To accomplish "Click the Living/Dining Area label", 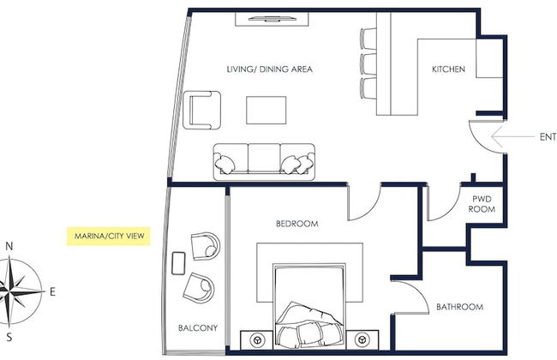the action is pyautogui.click(x=270, y=69).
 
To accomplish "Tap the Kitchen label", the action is pyautogui.click(x=448, y=69).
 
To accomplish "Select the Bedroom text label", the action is pyautogui.click(x=297, y=224).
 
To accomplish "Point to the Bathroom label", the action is pyautogui.click(x=459, y=307).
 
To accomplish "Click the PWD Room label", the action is pyautogui.click(x=482, y=204).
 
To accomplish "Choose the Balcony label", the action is pyautogui.click(x=198, y=327).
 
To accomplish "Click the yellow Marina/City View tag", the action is pyautogui.click(x=109, y=236).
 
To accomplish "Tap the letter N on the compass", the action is pyautogui.click(x=9, y=246).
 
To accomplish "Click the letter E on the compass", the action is pyautogui.click(x=52, y=291).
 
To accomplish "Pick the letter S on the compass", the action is pyautogui.click(x=9, y=337).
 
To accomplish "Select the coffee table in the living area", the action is pyautogui.click(x=266, y=111).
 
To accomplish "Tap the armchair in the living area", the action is pyautogui.click(x=201, y=111).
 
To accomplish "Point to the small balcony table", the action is pyautogui.click(x=178, y=263).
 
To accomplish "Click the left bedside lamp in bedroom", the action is pyautogui.click(x=257, y=340).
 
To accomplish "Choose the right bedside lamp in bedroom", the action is pyautogui.click(x=362, y=339).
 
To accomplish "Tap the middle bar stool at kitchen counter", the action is pyautogui.click(x=368, y=63).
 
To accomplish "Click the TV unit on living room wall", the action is pyautogui.click(x=272, y=19).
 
